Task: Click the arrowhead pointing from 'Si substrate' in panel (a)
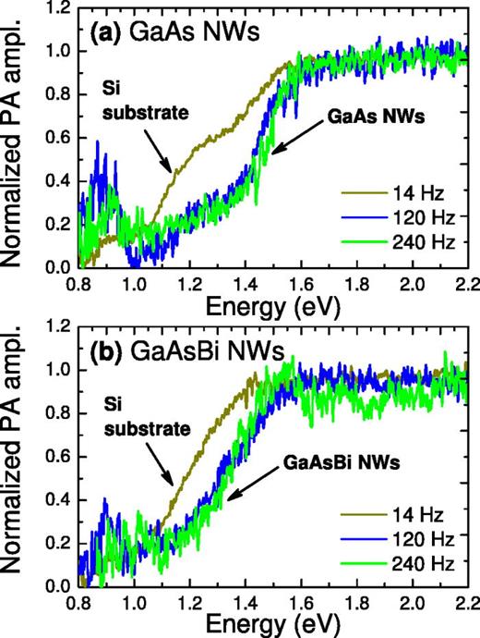coord(168,169)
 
